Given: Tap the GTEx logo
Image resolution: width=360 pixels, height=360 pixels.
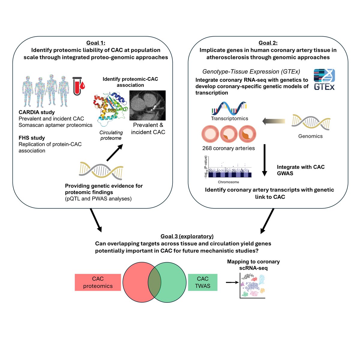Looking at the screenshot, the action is coord(324,79).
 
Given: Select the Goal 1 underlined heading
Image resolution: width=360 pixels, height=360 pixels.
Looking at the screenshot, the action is coord(96,43).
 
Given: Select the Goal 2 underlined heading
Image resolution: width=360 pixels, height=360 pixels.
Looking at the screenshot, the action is coord(268,43).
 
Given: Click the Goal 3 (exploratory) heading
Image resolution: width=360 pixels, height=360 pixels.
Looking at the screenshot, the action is coord(187,236).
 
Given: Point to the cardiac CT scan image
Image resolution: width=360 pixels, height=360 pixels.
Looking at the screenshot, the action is coord(147,105).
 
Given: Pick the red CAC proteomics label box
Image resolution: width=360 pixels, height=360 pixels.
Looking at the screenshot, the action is coord(98,282).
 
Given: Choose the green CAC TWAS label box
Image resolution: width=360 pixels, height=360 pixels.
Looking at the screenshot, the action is coord(202,282).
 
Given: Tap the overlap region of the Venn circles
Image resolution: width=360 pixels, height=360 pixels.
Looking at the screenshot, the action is coord(154,282).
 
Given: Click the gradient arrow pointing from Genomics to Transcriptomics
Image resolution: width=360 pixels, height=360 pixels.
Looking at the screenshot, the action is coord(274,121).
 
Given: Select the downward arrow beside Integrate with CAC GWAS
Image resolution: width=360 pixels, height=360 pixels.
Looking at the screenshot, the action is coord(264,160).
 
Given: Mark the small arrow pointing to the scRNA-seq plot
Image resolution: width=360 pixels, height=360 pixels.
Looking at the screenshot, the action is coord(232,282).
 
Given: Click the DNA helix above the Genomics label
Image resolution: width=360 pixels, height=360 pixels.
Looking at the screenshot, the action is coord(311,122).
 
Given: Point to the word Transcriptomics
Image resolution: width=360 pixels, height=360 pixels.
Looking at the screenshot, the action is coord(229,118).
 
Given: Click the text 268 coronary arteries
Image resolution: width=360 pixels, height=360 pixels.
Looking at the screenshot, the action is coord(229,148).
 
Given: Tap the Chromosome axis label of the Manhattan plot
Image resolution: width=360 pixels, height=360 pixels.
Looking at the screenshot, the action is coord(228,182).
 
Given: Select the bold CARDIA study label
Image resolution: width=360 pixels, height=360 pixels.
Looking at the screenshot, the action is coord(37,112).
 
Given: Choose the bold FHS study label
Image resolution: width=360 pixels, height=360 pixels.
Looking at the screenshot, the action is coord(32,138).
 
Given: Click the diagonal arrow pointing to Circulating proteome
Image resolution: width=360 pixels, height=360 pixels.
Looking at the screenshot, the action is coord(115,152).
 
